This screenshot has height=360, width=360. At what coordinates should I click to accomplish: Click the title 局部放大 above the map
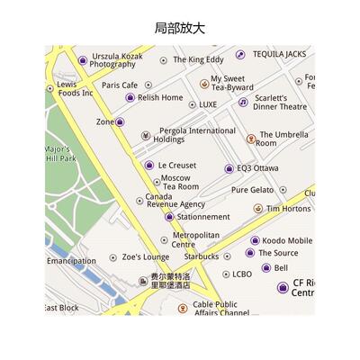point(180,28)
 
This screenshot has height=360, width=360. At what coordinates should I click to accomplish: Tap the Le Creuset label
point(177,166)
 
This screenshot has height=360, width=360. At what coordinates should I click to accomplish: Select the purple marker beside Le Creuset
point(149,166)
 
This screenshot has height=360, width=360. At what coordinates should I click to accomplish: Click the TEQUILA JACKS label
point(279,54)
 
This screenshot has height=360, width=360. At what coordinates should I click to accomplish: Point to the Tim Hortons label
point(288,209)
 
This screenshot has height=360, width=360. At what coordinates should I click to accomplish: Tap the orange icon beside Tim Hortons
point(258,209)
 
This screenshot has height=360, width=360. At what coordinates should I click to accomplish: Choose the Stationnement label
point(203,217)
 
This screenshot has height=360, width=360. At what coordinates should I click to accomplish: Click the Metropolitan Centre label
point(195,239)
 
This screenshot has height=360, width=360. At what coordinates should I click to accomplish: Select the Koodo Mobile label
point(287,241)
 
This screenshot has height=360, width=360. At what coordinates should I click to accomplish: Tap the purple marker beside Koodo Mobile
point(255,241)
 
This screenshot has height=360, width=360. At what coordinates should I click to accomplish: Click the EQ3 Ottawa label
point(257,168)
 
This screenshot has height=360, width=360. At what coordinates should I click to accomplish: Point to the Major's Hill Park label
point(60,154)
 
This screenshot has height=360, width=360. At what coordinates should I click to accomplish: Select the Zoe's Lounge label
point(145,257)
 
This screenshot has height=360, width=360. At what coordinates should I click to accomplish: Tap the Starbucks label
point(202,256)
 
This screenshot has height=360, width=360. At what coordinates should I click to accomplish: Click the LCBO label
point(242,274)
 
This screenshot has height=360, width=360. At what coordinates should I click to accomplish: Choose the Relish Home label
point(160,97)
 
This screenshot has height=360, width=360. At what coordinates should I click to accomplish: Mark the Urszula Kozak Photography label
point(116,59)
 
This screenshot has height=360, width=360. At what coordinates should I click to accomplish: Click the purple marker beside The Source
point(250,253)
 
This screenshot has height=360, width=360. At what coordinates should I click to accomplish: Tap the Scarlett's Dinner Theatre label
point(279,102)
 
